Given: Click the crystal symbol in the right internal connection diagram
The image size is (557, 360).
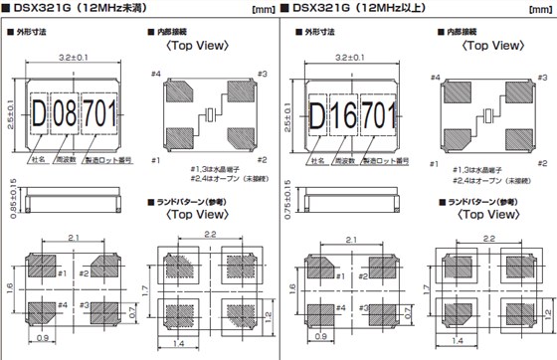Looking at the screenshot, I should pos(486,113).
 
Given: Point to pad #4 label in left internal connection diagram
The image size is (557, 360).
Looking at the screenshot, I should pos(156,74).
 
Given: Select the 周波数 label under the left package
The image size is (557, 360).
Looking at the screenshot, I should pos(67,158).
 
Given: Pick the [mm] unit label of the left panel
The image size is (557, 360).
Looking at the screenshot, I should pos(266,12).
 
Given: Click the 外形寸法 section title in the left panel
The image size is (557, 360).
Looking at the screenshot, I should pos(34,33).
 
